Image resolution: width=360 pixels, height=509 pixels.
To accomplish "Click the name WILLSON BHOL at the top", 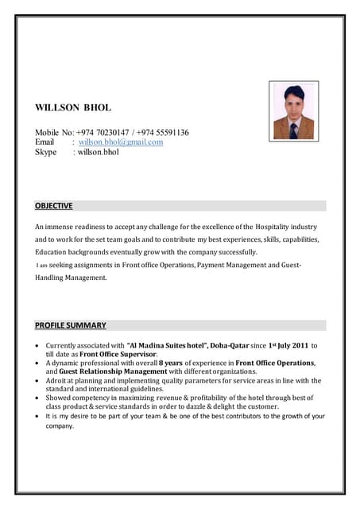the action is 73,107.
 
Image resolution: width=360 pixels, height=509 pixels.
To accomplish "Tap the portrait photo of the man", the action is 293,110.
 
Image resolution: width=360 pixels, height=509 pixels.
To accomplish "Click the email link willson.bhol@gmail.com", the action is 121,142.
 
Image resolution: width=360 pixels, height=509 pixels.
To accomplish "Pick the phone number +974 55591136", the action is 162,131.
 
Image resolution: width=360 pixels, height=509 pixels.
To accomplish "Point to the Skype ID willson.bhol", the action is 98,152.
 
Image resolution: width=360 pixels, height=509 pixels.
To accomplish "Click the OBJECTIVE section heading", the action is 53,205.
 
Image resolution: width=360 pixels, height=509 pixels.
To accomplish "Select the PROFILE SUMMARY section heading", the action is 70,325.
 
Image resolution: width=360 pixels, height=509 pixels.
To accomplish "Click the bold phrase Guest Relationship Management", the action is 112,371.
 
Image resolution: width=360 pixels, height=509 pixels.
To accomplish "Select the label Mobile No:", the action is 54,131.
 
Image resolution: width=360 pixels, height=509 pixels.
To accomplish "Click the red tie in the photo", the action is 293,128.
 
